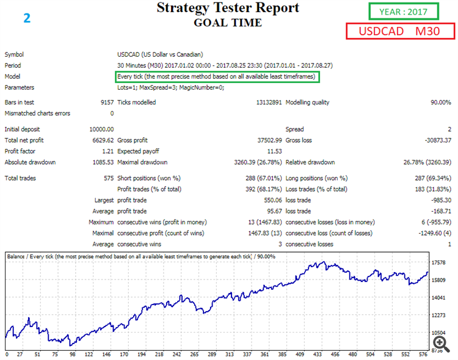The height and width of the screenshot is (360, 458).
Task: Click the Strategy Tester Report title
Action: click(228, 8)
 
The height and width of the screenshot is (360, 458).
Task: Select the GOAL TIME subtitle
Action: click(228, 23)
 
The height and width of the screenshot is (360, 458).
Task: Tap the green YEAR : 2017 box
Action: click(403, 11)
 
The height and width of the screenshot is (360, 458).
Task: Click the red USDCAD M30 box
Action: click(400, 32)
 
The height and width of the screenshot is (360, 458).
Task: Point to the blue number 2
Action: click(27, 17)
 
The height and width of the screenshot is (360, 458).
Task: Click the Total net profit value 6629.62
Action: click(101, 140)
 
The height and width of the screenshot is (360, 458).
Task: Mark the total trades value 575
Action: click(109, 178)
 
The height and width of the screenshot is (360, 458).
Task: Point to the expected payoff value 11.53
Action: click(274, 151)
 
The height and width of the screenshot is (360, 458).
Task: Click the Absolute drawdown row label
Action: click(30, 162)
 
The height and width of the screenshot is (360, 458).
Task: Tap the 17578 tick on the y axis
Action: click(439, 263)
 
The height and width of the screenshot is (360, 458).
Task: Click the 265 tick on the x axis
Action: click(195, 354)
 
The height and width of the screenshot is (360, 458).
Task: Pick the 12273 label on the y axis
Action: click(439, 315)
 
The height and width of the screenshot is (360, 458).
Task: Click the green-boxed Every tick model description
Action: click(217, 76)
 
